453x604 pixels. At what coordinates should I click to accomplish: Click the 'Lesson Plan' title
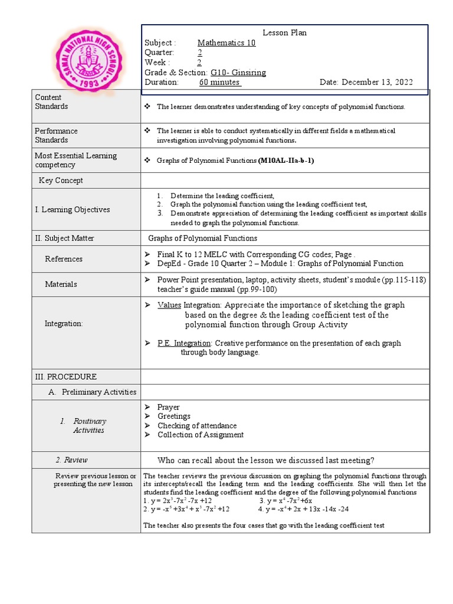(x=284, y=33)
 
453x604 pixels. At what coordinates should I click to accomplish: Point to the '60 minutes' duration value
(x=220, y=83)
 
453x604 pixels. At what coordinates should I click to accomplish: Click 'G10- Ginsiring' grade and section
(x=234, y=73)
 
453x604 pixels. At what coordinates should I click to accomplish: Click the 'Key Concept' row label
(x=61, y=180)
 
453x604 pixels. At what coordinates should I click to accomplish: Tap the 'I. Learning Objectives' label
(x=72, y=209)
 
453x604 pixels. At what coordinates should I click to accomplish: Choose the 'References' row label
(x=64, y=259)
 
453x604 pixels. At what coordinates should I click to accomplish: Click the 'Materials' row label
(x=61, y=284)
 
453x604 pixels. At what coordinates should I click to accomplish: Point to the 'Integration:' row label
(x=64, y=324)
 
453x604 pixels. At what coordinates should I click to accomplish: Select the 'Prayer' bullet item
(x=168, y=408)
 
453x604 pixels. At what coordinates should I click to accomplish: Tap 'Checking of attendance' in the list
(x=197, y=426)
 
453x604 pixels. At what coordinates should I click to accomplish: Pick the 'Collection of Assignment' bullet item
(x=200, y=435)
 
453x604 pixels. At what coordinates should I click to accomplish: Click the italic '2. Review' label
(x=71, y=460)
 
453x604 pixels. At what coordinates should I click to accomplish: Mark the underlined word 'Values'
(x=169, y=306)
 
